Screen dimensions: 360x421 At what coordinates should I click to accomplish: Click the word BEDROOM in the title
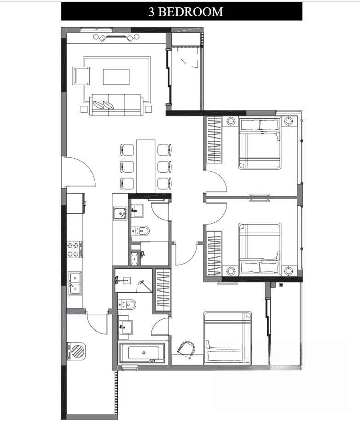(x=191, y=12)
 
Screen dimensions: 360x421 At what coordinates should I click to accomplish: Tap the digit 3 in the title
(x=151, y=12)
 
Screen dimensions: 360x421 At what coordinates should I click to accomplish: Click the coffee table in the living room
(x=116, y=77)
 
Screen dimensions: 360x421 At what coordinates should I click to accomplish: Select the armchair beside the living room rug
(x=81, y=76)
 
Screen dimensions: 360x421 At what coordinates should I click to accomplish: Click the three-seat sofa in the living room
(x=116, y=105)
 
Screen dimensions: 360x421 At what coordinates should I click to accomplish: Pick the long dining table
(x=145, y=166)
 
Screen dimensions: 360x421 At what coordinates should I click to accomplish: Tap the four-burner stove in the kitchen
(x=75, y=250)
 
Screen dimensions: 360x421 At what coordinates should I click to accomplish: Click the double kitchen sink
(x=75, y=283)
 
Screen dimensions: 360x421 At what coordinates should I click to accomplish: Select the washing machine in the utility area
(x=76, y=351)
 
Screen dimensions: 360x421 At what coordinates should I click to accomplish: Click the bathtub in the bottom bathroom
(x=142, y=353)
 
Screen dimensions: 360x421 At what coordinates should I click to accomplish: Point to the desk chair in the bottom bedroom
(x=186, y=350)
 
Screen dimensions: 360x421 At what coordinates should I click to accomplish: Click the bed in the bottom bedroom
(x=227, y=338)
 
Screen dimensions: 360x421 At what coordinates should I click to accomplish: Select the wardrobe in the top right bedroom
(x=214, y=140)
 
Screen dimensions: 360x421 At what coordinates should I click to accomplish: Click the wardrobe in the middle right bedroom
(x=214, y=254)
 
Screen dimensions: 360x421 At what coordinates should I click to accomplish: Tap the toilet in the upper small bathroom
(x=140, y=231)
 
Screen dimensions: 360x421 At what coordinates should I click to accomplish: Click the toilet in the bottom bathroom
(x=127, y=305)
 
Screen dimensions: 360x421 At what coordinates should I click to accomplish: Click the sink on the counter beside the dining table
(x=120, y=213)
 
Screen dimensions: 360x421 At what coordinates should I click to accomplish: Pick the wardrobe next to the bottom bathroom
(x=163, y=290)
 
